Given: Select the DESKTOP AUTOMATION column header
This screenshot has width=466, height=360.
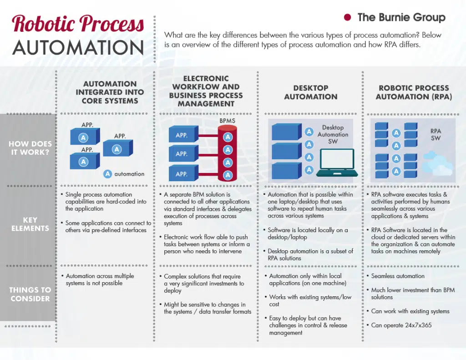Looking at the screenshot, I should point(311,92).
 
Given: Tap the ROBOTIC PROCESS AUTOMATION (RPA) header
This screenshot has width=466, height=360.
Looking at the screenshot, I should point(414,92).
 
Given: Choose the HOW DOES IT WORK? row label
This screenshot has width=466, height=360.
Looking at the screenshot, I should point(30,148).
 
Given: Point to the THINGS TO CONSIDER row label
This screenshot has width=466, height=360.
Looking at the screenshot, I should point(30,294).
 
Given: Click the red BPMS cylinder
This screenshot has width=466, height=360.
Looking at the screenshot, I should point(228,152).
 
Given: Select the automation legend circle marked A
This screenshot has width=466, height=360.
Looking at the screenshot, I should point(108,174).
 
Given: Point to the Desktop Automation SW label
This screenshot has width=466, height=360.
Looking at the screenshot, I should point(333,135).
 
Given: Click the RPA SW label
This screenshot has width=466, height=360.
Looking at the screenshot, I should point(436,134).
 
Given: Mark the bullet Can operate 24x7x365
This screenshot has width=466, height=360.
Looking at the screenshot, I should point(401,325).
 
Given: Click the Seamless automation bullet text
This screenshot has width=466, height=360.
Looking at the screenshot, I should point(397,276).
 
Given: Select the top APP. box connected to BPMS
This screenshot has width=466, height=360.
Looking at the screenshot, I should point(182,135).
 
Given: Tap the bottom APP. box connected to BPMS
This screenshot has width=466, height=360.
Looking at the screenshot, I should point(182,174).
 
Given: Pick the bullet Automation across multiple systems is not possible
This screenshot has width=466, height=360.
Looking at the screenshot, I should point(100,279).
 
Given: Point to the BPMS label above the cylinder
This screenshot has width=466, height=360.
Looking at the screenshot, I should point(228,121).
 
